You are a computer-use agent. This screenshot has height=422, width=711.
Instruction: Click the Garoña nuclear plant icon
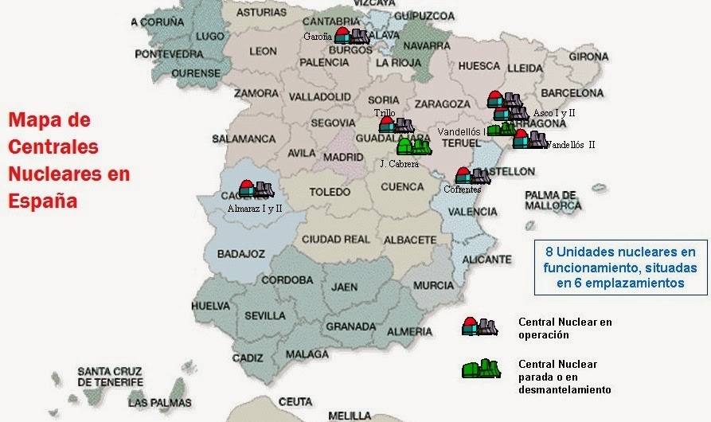tap(350, 35)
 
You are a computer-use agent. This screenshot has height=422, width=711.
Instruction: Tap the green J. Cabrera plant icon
tap(414, 147)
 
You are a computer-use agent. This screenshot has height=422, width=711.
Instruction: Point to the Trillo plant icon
tap(397, 125)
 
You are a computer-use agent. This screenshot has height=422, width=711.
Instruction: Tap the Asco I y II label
tap(554, 113)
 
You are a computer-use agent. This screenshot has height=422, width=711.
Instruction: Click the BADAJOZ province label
tap(240, 254)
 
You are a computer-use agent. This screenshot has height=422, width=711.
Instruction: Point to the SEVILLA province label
tap(266, 315)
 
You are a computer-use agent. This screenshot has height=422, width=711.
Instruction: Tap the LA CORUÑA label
tap(169, 22)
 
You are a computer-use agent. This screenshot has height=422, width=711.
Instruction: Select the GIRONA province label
tap(588, 57)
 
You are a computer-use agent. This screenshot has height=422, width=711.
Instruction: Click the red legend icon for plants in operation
tap(480, 326)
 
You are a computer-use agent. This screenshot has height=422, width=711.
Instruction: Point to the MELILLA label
tap(350, 416)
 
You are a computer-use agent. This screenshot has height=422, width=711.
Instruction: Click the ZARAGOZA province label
tap(442, 104)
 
